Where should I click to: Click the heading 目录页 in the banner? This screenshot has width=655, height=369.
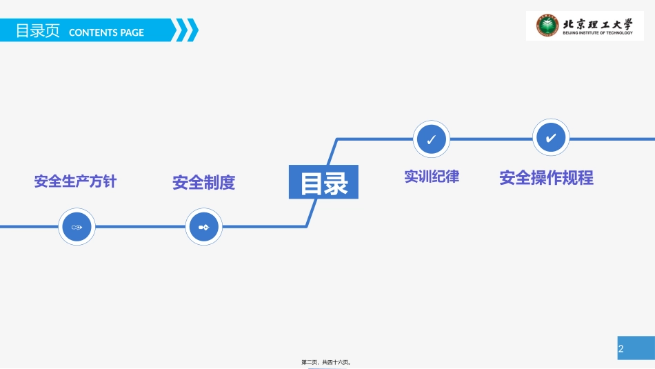tap(38, 31)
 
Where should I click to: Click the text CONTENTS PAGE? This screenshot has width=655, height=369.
tap(107, 32)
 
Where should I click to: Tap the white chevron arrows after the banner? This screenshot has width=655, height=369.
tap(185, 30)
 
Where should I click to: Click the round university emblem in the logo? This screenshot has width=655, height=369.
tap(549, 26)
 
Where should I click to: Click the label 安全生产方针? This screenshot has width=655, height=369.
tap(75, 181)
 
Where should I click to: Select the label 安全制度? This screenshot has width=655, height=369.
tap(204, 183)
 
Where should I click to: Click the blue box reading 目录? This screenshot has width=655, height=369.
tap(323, 183)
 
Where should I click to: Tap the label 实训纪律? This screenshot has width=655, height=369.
tap(432, 177)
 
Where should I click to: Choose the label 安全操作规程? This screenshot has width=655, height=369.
tap(546, 178)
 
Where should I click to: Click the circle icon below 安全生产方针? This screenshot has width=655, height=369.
tap(76, 226)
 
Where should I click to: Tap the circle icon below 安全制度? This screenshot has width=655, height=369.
tap(205, 226)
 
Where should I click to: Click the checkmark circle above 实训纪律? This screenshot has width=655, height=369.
tap(431, 139)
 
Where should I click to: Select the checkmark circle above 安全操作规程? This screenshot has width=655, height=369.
tap(550, 139)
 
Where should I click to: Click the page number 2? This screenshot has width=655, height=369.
tap(621, 349)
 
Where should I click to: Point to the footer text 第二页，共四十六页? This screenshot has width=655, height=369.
tap(327, 362)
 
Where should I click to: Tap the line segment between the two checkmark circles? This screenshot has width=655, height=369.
tap(491, 139)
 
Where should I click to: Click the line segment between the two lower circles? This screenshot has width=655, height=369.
tap(140, 226)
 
